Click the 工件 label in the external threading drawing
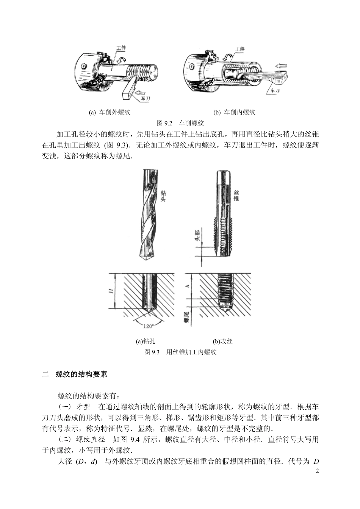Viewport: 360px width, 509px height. [121, 48]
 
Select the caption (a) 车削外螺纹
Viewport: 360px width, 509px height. [110, 113]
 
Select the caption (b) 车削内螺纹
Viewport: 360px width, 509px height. [234, 113]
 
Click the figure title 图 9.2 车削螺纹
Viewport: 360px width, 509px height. [180, 123]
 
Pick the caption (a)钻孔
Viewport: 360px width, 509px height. [146, 341]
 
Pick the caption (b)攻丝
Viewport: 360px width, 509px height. [223, 341]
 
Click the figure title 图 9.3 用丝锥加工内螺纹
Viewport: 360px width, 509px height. [180, 352]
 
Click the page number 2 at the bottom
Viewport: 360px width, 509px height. [317, 471]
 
